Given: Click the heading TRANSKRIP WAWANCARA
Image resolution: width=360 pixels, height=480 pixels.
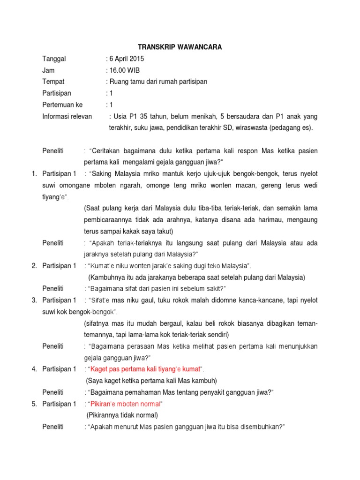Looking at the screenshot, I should pyautogui.click(x=180, y=47).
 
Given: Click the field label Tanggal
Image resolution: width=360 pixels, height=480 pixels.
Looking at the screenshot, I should pyautogui.click(x=54, y=59).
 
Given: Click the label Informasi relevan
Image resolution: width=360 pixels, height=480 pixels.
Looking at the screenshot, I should pyautogui.click(x=67, y=116).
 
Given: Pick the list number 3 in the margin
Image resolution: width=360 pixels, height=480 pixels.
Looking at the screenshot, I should pyautogui.click(x=34, y=300).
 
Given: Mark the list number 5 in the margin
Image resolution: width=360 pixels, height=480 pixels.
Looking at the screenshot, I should pyautogui.click(x=34, y=404).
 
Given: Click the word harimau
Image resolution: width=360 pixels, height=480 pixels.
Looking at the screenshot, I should pyautogui.click(x=270, y=220).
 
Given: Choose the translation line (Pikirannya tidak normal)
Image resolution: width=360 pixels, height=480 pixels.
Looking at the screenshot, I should pyautogui.click(x=122, y=415).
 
